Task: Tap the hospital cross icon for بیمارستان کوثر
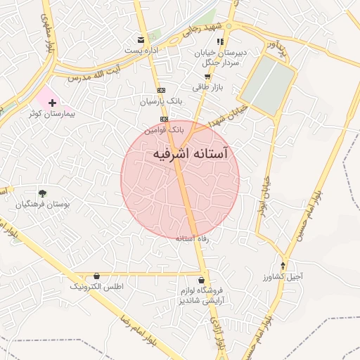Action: pos(52,103)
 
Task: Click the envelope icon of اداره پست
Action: pos(141,39)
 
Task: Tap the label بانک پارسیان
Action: pos(160,101)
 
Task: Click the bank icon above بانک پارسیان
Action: pos(162,90)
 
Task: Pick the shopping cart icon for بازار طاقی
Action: pos(207,76)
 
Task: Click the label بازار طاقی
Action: pos(207,86)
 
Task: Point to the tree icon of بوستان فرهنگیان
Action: pos(42,193)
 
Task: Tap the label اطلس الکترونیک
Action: pos(97,288)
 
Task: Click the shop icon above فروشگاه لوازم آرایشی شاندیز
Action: pos(201,279)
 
